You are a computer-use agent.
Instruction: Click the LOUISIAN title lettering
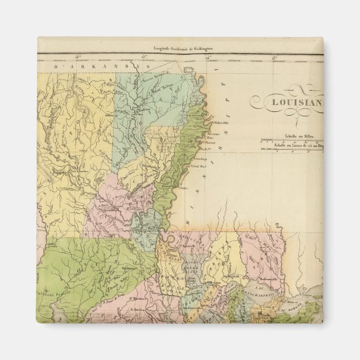point(297,102)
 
